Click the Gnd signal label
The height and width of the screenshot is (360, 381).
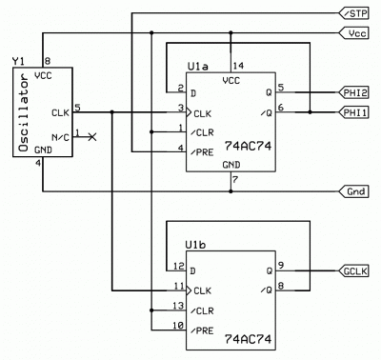tap(356, 190)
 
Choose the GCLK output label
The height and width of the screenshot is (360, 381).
tap(356, 270)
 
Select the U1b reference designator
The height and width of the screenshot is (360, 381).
tap(199, 244)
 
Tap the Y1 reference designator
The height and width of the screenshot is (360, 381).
tap(17, 62)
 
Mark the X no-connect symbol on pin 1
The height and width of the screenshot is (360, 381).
tap(91, 137)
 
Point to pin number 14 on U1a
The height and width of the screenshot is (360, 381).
tap(238, 66)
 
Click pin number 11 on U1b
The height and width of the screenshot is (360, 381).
tap(177, 285)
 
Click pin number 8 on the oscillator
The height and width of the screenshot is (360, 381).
tap(47, 61)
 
